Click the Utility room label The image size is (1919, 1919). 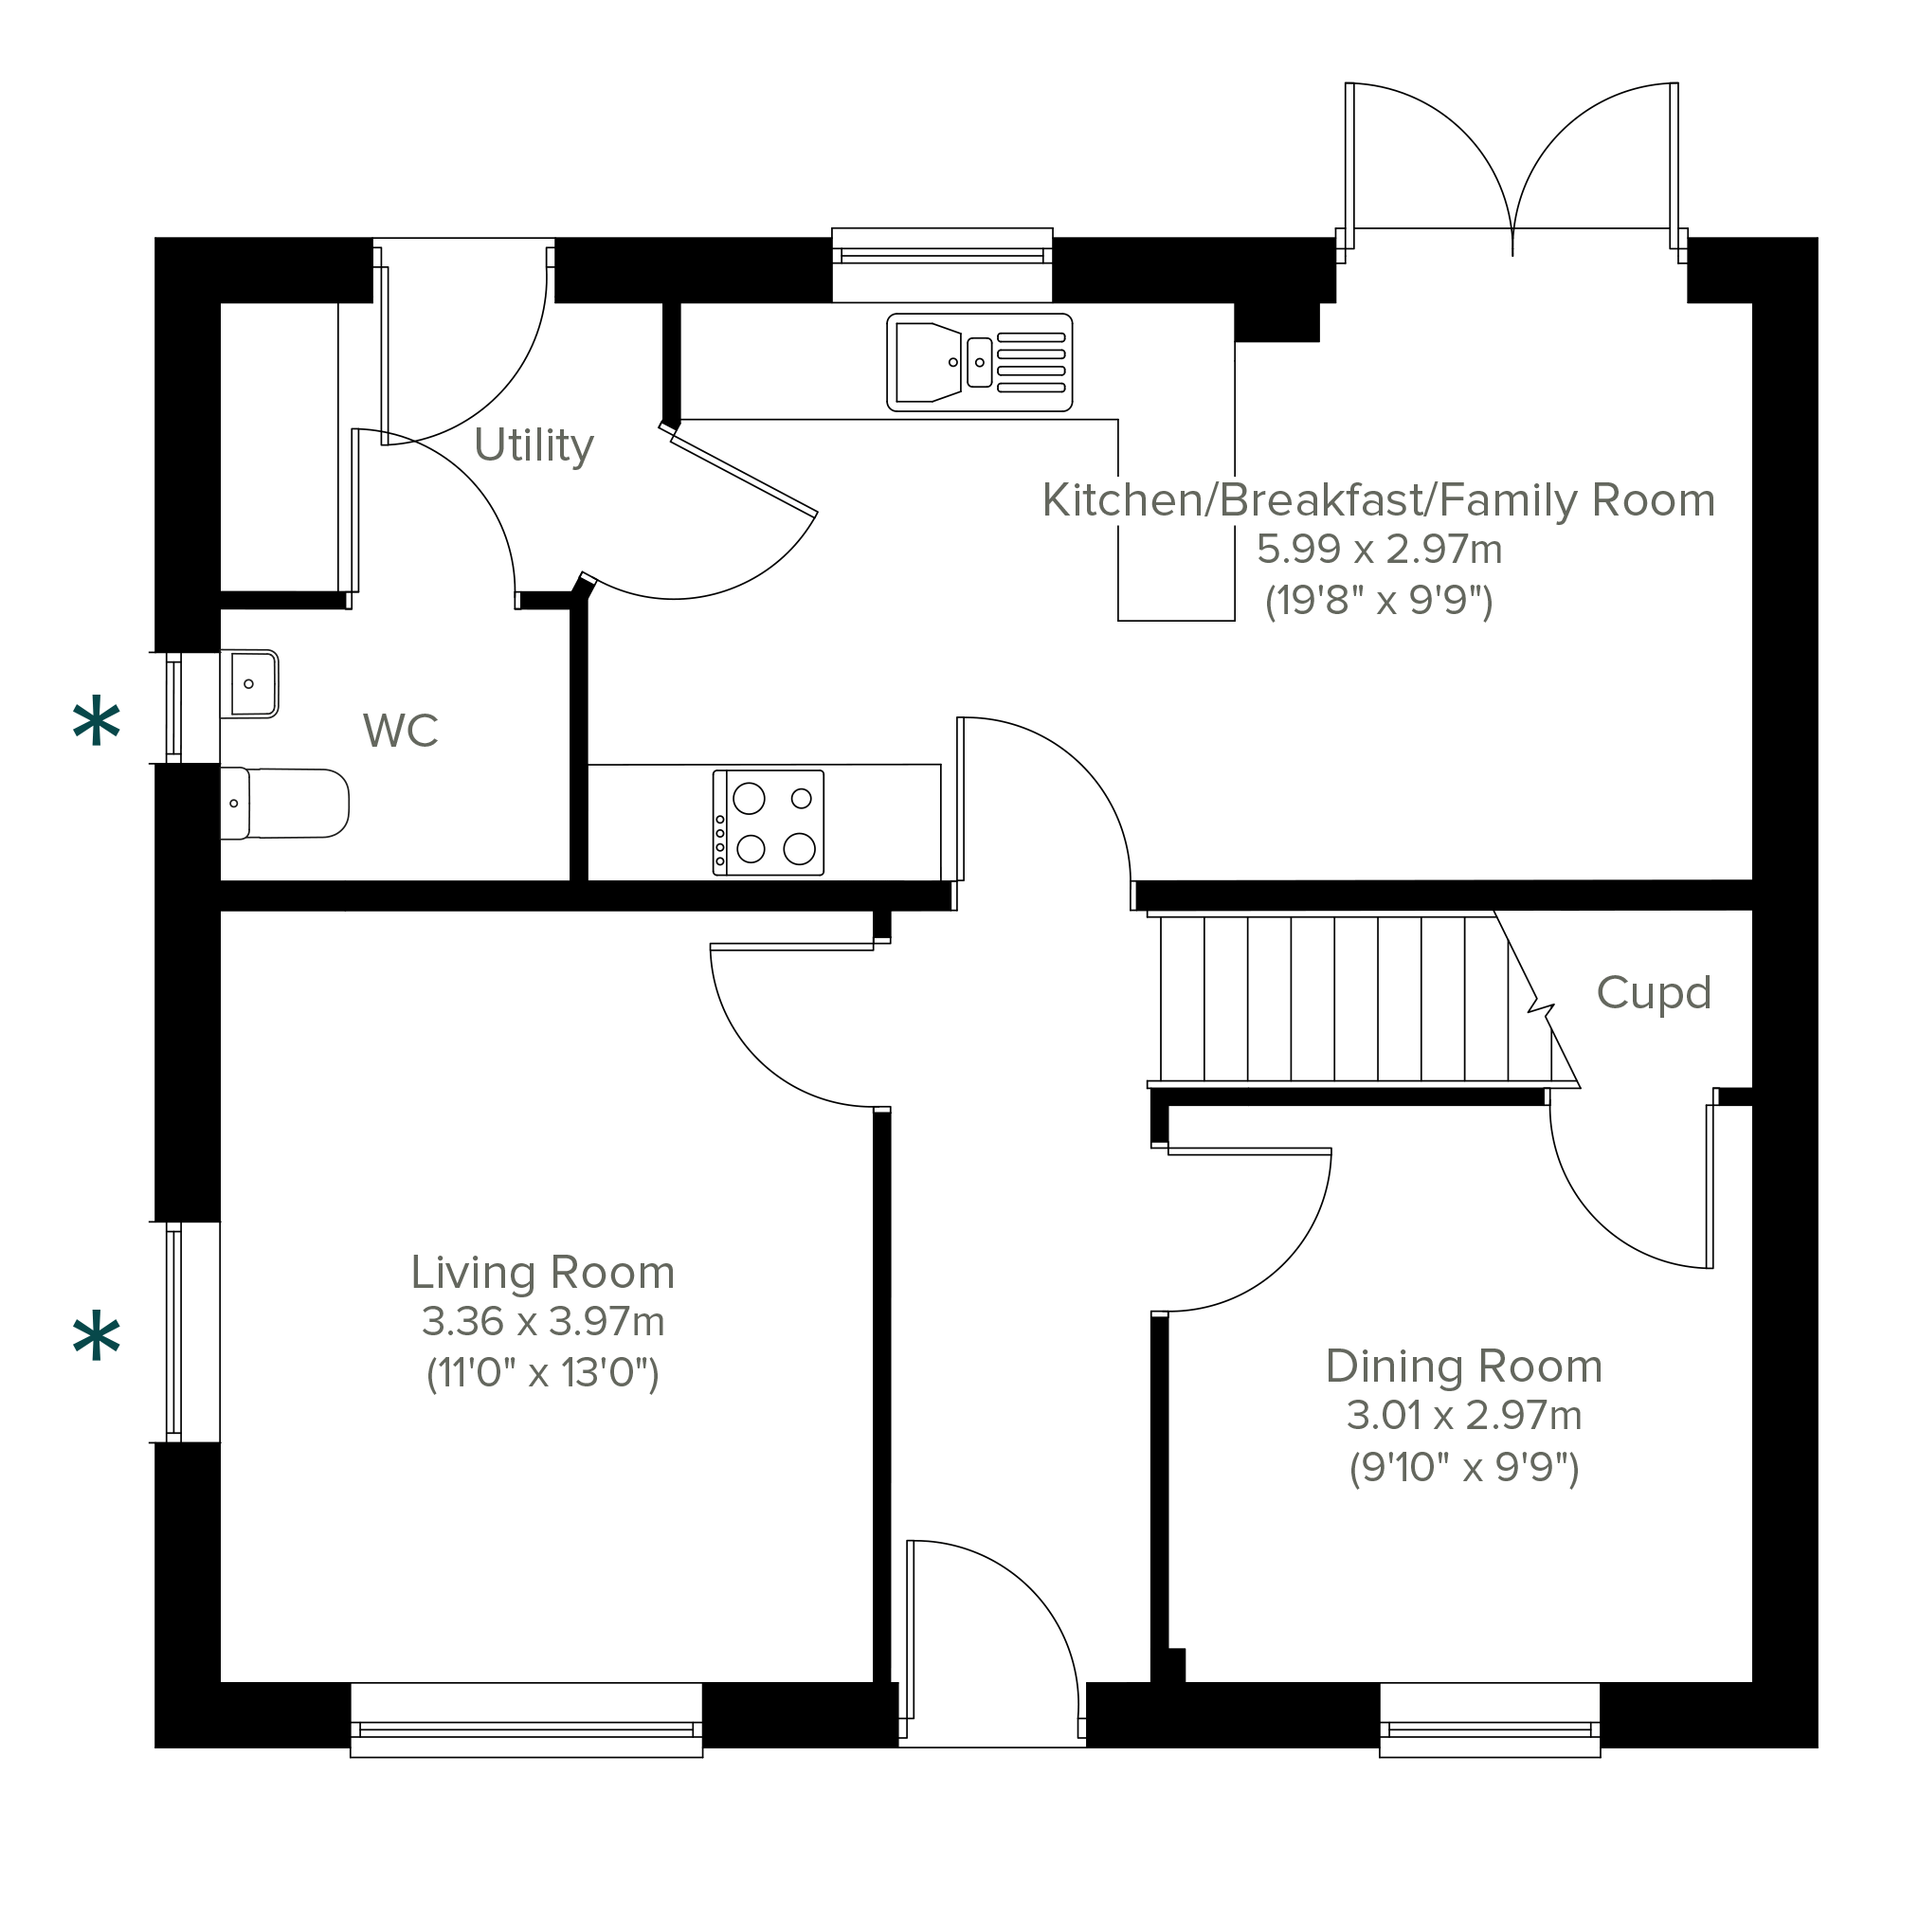click(x=534, y=446)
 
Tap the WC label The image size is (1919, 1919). click(x=400, y=731)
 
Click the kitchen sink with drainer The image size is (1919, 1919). click(x=979, y=363)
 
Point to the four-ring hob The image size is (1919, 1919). click(x=768, y=823)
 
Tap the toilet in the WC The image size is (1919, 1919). click(x=284, y=804)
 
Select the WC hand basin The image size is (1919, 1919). click(x=249, y=684)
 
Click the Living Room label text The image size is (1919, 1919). click(x=543, y=1274)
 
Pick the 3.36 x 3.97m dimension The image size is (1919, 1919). click(x=543, y=1322)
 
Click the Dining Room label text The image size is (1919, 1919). click(x=1464, y=1367)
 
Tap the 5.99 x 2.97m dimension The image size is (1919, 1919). click(x=1380, y=550)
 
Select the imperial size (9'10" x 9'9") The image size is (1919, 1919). click(x=1464, y=1467)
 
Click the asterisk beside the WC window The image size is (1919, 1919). click(x=97, y=722)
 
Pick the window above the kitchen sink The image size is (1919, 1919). click(x=942, y=263)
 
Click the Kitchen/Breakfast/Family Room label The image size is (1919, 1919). click(x=1379, y=500)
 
